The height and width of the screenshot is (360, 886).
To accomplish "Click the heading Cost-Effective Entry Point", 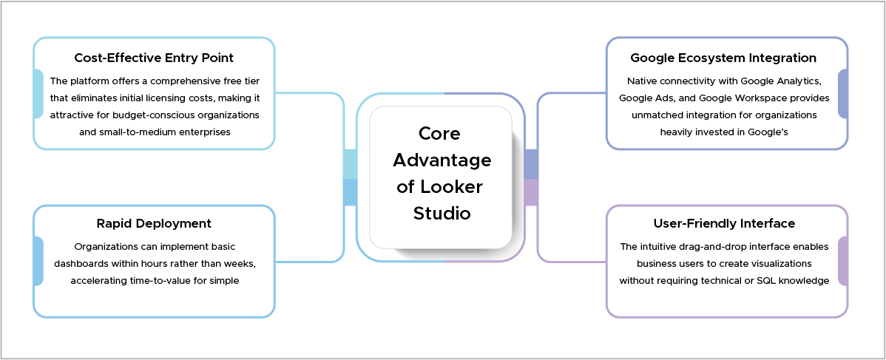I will pyautogui.click(x=154, y=58).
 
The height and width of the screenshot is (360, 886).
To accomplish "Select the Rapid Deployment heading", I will pyautogui.click(x=154, y=223).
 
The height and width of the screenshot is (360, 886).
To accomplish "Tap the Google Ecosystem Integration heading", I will pyautogui.click(x=723, y=58).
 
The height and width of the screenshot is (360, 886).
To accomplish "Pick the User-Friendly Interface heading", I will pyautogui.click(x=724, y=223).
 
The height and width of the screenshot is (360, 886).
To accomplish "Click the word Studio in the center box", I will pyautogui.click(x=442, y=214).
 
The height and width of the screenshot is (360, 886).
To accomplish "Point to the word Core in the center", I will pyautogui.click(x=439, y=133).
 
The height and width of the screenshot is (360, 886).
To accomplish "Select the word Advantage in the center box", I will pyautogui.click(x=442, y=160).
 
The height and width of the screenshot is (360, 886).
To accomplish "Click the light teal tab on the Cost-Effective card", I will pyautogui.click(x=38, y=94).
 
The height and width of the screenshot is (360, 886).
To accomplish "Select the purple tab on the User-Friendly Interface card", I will pyautogui.click(x=843, y=261).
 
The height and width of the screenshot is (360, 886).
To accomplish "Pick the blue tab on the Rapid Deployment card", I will pyautogui.click(x=38, y=261).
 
